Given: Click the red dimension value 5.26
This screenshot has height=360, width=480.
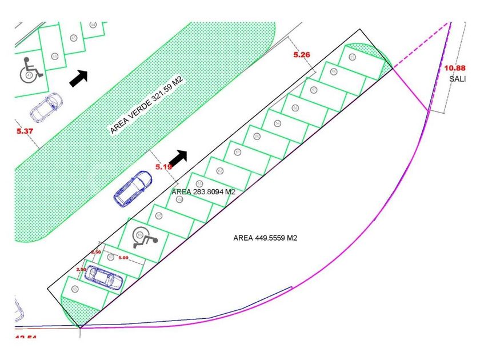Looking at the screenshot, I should click(301, 55).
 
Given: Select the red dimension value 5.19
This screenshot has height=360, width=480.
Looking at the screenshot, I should click(164, 167).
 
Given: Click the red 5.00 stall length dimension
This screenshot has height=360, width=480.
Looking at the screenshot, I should click(123, 258).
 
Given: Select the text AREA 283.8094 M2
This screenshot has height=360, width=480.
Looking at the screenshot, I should click(203, 193).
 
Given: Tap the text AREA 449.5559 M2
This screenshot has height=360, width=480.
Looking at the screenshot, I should click(265, 238).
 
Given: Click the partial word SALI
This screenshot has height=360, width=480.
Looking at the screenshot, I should click(457, 79).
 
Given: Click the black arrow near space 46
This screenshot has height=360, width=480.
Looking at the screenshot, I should click(79, 78).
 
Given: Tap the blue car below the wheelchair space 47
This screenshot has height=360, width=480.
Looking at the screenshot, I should click(46, 107).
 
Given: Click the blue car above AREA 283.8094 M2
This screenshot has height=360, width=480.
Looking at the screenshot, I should click(132, 189).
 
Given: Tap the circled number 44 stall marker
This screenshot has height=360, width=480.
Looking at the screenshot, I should click(93, 25).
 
